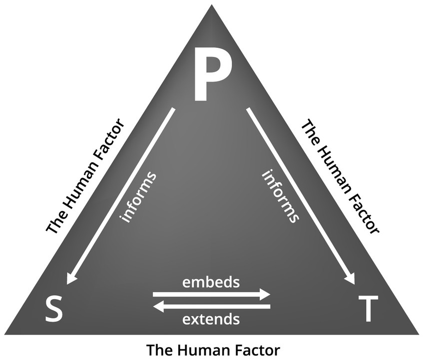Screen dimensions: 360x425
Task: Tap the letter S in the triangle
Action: click(55, 309)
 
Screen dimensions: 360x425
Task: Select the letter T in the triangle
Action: click(368, 309)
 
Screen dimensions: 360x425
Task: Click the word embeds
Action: click(211, 282)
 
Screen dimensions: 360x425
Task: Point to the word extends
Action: click(211, 318)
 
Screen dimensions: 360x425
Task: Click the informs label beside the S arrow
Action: click(138, 197)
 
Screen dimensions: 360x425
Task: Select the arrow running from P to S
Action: click(121, 195)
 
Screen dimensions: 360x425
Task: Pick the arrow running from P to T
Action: click(300, 195)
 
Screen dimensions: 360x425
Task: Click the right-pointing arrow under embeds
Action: click(211, 295)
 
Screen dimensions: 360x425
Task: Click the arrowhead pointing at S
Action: click(72, 277)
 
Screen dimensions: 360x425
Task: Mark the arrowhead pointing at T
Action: click(350, 277)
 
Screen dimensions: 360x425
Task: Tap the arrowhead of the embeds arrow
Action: click(264, 295)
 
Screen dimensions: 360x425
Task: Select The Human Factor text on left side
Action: click(85, 176)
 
